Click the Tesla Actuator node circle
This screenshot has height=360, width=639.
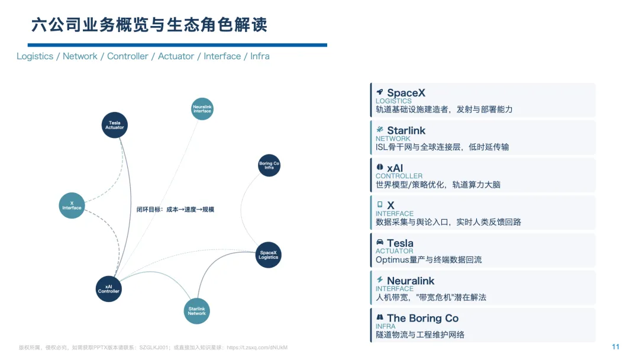click(x=114, y=125)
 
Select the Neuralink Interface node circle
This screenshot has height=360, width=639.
click(x=202, y=108)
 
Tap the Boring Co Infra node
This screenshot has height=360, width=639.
click(x=269, y=165)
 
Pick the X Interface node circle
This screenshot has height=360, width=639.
click(x=72, y=205)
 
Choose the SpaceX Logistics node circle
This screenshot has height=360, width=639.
click(x=268, y=255)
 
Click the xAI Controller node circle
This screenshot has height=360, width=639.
click(x=109, y=289)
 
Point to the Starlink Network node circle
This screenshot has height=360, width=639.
click(x=197, y=311)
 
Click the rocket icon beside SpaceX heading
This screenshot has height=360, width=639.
click(x=380, y=92)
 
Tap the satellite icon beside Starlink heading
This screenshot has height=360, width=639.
click(x=380, y=130)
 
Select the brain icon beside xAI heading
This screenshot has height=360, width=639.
click(x=380, y=168)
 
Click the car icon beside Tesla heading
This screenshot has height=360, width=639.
click(x=380, y=243)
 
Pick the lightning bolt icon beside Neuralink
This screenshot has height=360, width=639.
click(x=380, y=280)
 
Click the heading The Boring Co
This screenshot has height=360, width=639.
click(x=422, y=318)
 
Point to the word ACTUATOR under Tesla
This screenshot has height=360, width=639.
click(x=394, y=251)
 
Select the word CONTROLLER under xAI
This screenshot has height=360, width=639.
click(x=399, y=176)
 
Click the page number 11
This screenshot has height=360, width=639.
click(x=615, y=347)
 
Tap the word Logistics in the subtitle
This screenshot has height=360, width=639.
click(x=35, y=56)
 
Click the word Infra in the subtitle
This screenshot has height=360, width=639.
click(x=260, y=56)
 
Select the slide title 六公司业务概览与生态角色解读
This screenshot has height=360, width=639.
click(x=149, y=25)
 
